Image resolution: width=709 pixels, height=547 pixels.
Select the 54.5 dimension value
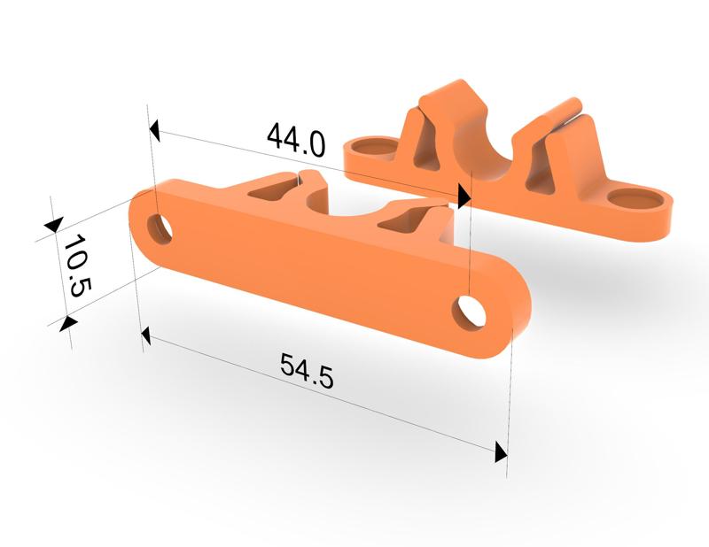coord(306,370)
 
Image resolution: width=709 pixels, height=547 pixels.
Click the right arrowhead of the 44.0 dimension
coord(462,196)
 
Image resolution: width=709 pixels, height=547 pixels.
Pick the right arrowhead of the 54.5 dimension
coord(501,452)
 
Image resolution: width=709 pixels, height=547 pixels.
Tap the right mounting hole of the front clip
coord(469,312)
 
